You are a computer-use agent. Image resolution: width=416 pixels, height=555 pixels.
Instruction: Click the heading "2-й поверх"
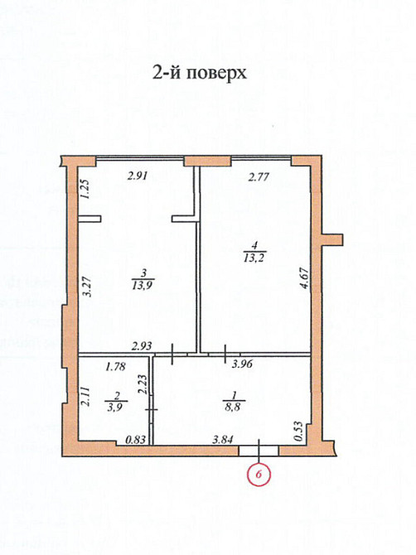pos(200,72)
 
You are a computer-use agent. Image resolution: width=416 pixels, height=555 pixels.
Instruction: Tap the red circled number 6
pos(259,475)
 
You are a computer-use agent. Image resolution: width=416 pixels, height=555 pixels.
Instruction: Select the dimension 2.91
pos(138,176)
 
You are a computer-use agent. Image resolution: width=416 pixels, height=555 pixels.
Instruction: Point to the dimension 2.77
pos(261,176)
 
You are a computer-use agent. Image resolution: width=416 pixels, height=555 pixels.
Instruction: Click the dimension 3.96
pos(241,364)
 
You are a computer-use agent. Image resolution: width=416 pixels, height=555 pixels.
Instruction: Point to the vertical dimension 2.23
pos(143,384)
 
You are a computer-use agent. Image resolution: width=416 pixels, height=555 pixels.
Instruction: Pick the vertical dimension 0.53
pos(299,429)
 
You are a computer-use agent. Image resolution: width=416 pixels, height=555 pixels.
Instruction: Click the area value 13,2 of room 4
pos(254,256)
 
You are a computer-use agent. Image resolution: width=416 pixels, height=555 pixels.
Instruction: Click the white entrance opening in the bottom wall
pos(259,451)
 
